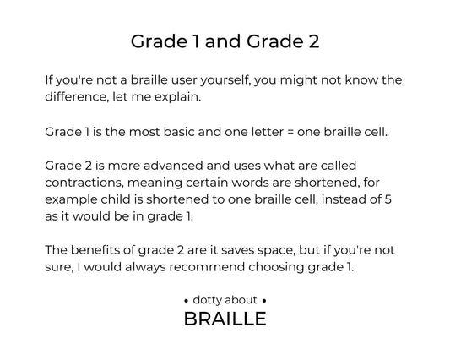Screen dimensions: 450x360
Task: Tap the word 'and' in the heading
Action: coord(223,41)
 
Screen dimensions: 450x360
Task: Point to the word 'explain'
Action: coord(177,97)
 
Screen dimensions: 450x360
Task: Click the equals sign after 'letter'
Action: coord(290,133)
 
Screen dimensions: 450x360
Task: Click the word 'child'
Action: coord(116,199)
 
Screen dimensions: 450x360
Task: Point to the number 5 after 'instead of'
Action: coord(388,199)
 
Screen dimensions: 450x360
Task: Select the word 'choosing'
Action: coord(276,268)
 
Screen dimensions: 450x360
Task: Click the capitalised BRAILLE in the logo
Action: coord(225,319)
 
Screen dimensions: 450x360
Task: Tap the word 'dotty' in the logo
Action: coord(206,300)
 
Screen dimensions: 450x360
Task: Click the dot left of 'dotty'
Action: coord(187,301)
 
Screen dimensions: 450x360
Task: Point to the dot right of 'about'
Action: coord(264,301)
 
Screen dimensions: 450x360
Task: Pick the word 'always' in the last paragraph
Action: coord(145,268)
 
